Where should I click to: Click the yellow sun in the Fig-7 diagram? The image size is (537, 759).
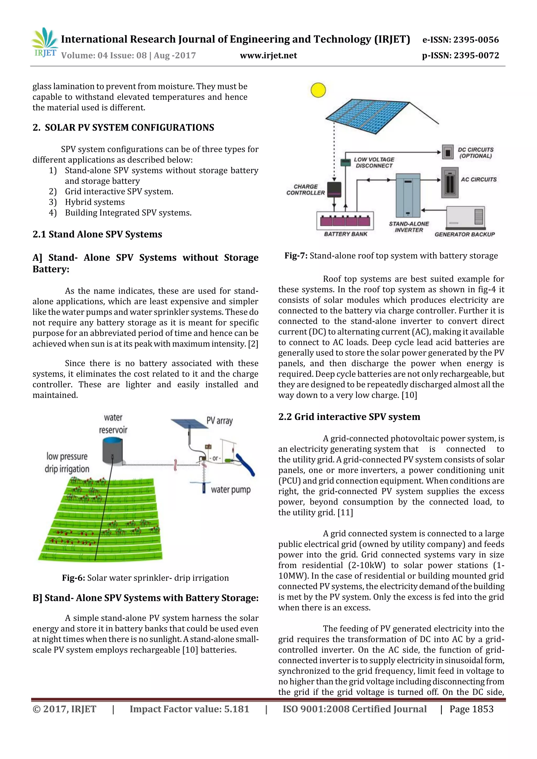pos(318,90)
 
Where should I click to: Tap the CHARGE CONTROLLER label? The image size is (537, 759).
pos(305,190)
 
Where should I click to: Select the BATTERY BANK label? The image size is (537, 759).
pos(345,234)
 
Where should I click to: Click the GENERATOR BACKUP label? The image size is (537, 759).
pos(465,234)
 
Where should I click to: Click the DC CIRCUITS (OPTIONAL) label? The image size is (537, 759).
pos(475,153)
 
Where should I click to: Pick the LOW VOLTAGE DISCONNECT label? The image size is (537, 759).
pos(374,163)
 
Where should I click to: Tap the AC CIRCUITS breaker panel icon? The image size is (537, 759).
pos(449,182)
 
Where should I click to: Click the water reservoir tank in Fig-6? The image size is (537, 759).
pos(112,450)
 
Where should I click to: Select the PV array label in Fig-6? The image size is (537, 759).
pos(219,421)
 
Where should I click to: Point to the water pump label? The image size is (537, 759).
pos(231,490)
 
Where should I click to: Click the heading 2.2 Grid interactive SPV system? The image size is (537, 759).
pos(349,417)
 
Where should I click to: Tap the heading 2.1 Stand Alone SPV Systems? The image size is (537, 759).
pos(97,234)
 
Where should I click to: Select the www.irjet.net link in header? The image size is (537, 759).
pos(268,56)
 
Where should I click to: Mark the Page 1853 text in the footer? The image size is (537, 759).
pos(471,709)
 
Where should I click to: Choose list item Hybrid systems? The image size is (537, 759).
pos(95,202)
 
